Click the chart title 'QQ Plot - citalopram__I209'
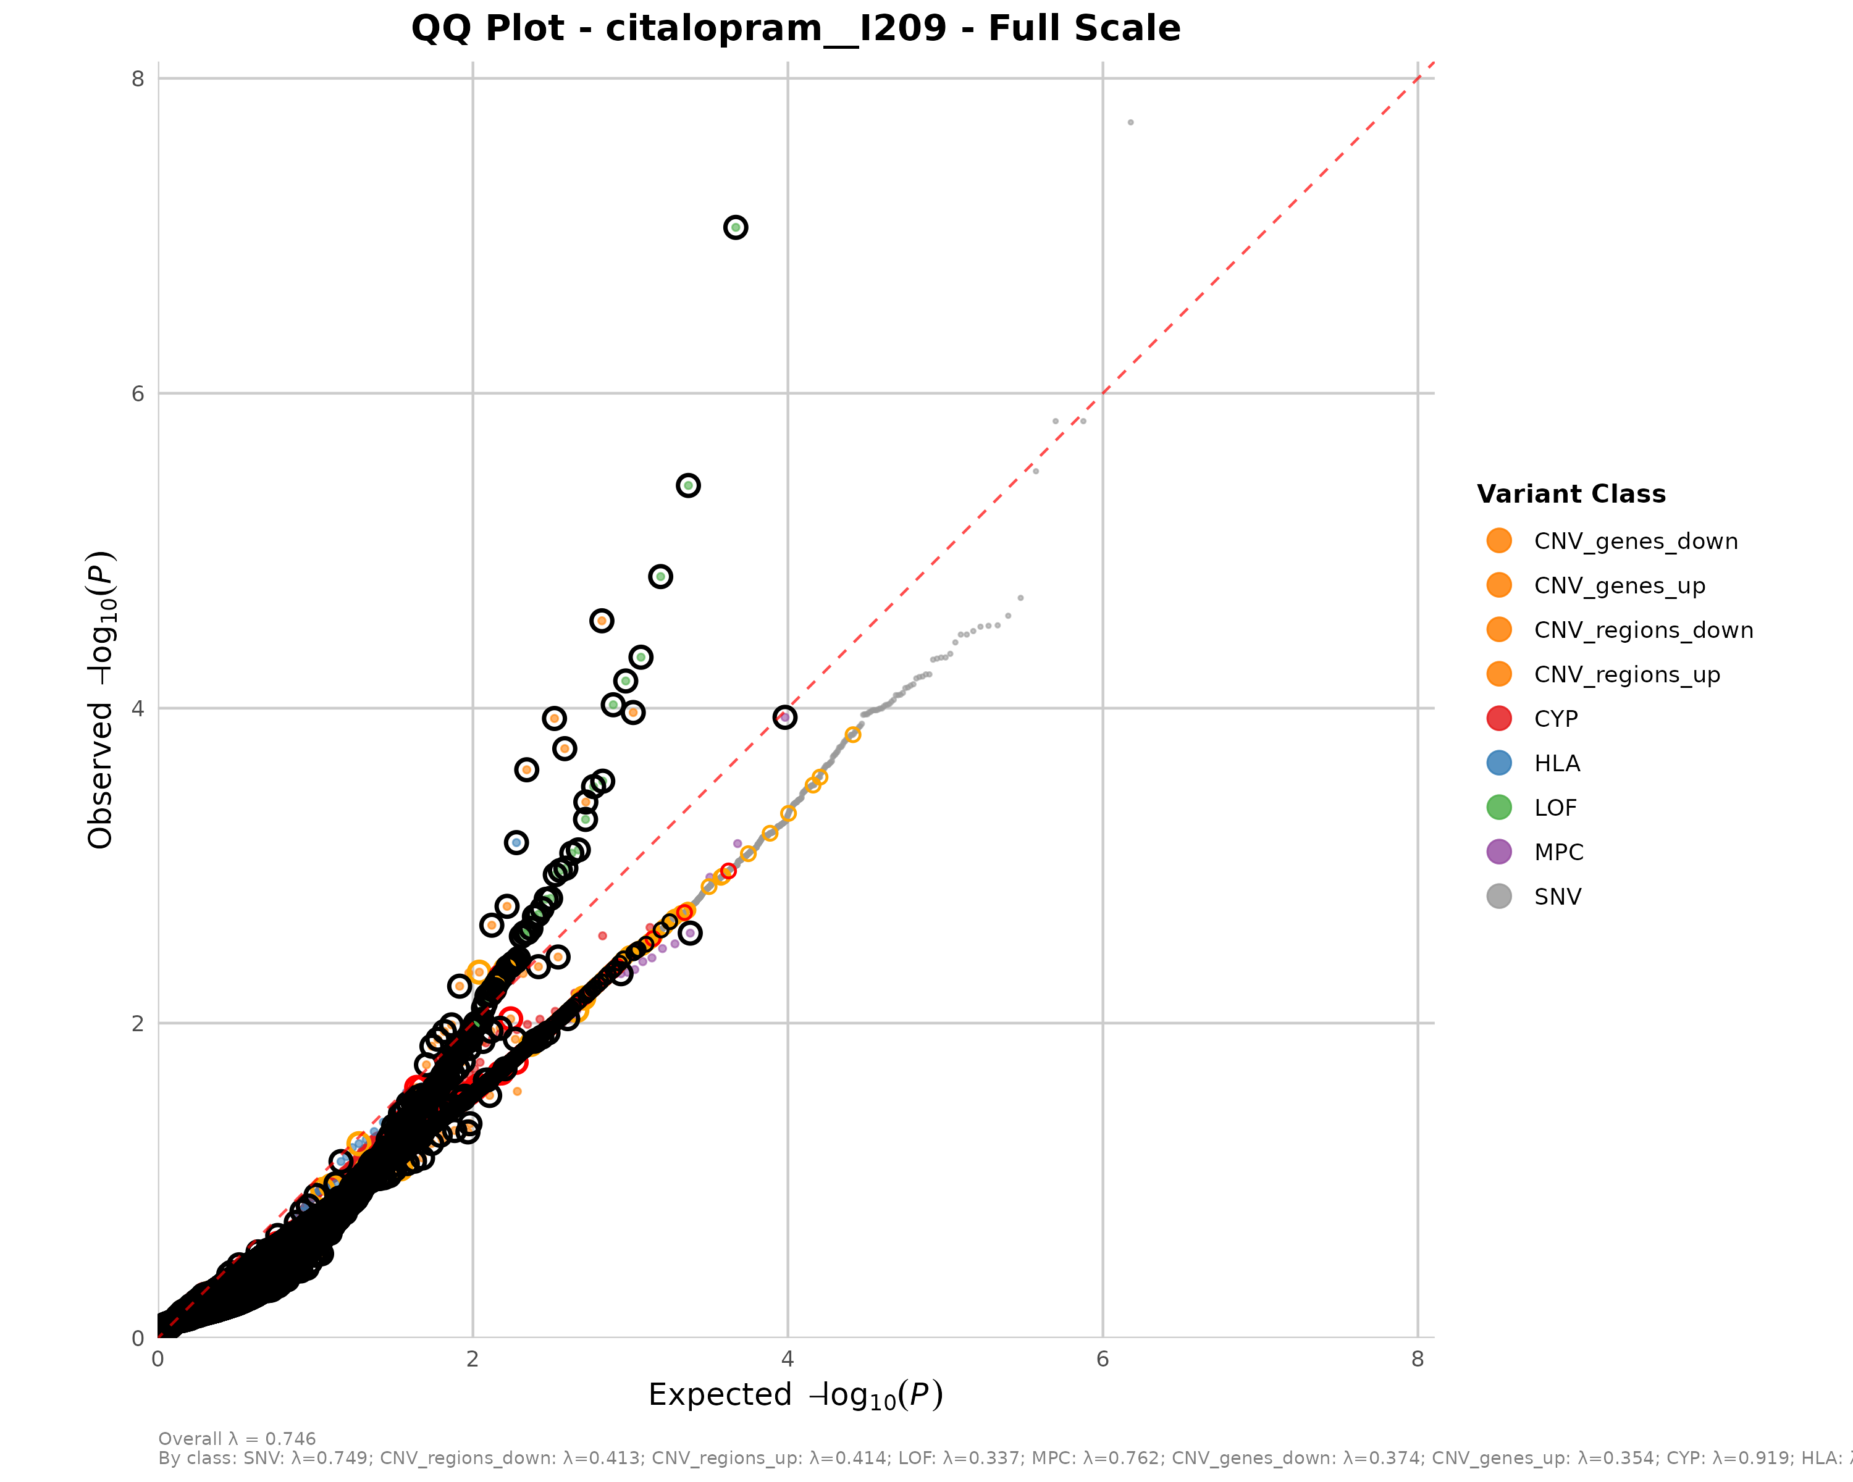(795, 28)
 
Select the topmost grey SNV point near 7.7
(1130, 123)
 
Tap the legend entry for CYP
(1556, 719)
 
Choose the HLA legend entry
(1557, 764)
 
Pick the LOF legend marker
(1499, 808)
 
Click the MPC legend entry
(1558, 852)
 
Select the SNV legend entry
(1557, 897)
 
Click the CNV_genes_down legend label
(1636, 542)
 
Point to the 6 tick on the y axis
(138, 393)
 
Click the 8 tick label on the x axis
(1418, 1358)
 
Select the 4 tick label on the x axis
(788, 1358)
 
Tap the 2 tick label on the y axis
(138, 1023)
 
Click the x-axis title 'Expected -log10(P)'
(795, 1395)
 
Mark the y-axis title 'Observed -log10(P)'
(101, 700)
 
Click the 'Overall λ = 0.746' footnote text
(237, 1438)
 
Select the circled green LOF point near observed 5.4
(687, 485)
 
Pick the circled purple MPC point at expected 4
(784, 716)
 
